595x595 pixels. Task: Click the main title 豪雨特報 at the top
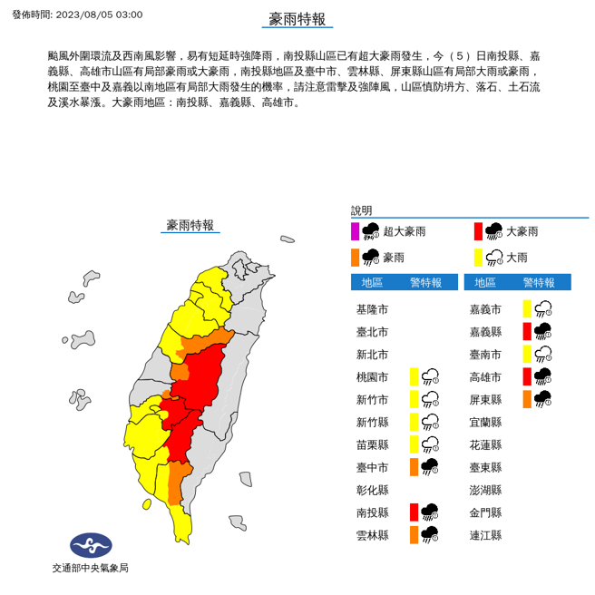297,20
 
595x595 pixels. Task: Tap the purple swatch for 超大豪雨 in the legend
356,231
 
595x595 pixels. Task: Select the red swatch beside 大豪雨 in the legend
478,231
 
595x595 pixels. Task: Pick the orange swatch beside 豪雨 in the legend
356,257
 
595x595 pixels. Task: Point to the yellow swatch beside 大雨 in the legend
478,257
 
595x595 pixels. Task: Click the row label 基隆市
372,309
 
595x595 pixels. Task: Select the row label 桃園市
372,376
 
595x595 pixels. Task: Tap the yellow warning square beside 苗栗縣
414,444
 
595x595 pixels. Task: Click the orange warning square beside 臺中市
414,467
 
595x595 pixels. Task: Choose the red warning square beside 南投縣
414,512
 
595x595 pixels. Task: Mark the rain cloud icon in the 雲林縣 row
430,535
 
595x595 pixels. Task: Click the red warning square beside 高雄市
527,376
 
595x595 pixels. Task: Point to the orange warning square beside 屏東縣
527,399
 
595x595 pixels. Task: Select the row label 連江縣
486,535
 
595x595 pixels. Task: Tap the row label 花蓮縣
486,444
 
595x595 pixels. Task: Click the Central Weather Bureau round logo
90,545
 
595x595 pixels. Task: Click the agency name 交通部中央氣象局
90,568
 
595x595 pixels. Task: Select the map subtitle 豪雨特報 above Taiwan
190,225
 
